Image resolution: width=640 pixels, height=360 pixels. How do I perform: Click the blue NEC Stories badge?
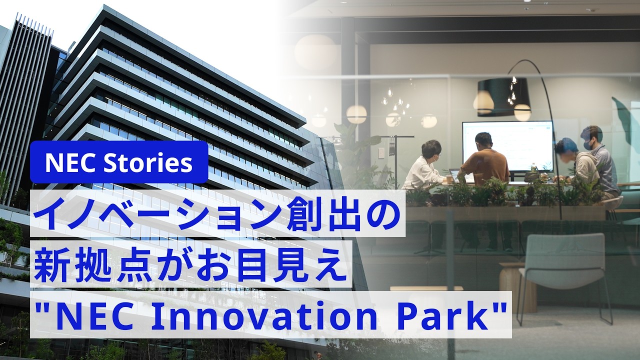tap(119, 162)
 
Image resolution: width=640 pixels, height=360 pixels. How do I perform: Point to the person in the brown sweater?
tap(483, 160)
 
